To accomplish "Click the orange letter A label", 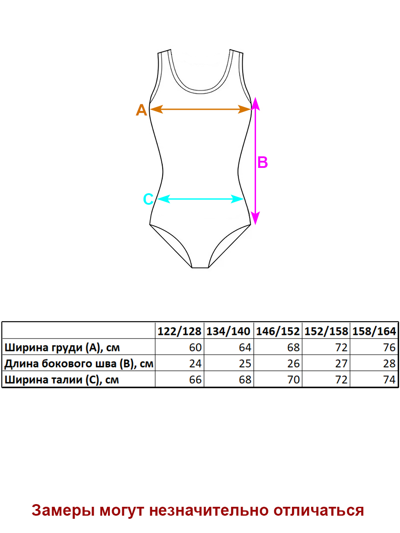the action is coord(141,110).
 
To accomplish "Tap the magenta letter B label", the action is coord(262,163).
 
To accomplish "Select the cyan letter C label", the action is coord(148,199).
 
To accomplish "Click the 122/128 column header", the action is coord(180,331).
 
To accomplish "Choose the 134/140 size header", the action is coord(228,331).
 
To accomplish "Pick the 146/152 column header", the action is coord(278,331).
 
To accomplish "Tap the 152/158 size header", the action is coord(326,331).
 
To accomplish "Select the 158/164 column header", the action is coord(374,331).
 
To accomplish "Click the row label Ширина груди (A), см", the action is coord(62,347).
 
